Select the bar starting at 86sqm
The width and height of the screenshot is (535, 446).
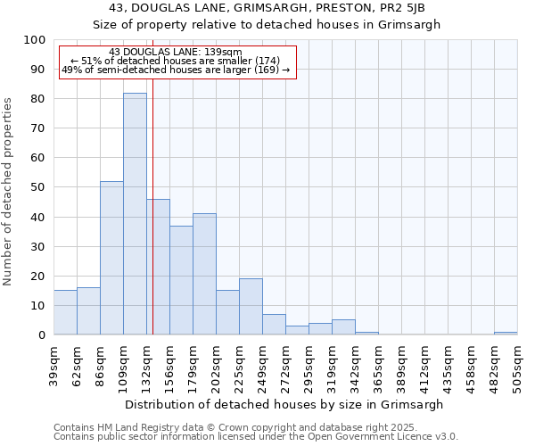click(111, 258)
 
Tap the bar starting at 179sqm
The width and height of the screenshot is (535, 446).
click(204, 274)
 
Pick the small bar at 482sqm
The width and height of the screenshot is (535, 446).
click(506, 333)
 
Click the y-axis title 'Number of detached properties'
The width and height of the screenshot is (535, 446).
click(9, 192)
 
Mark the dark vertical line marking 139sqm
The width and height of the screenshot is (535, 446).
click(152, 223)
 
